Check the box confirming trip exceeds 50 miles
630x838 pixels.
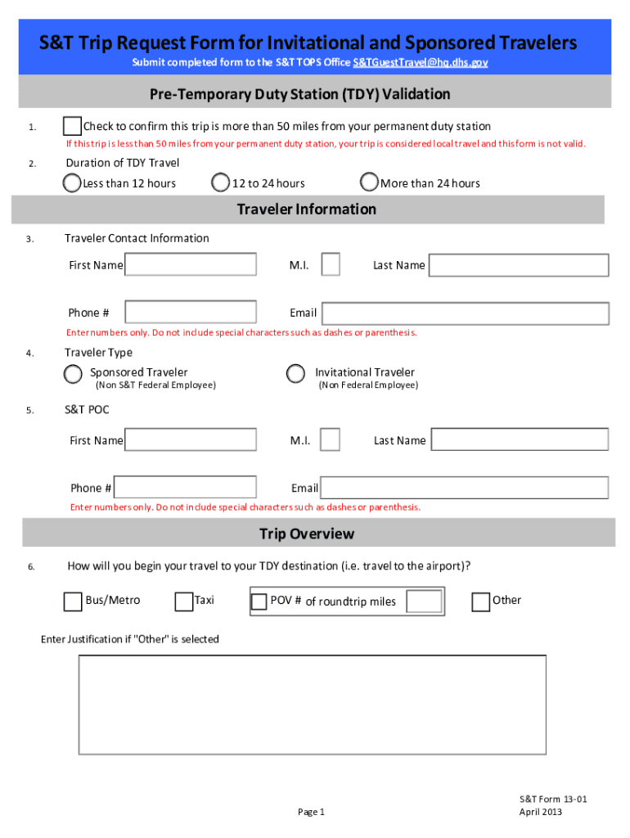[72, 126]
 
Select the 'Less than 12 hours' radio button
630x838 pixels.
[73, 182]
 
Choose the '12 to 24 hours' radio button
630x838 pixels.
[220, 182]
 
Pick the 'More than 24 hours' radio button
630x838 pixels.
[370, 182]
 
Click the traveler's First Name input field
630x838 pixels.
[191, 265]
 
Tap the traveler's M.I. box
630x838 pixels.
[331, 265]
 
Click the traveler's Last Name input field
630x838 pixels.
[519, 265]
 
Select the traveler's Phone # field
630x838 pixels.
[191, 313]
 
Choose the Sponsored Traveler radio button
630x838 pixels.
[74, 374]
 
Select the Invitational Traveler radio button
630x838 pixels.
[295, 374]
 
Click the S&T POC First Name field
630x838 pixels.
[191, 440]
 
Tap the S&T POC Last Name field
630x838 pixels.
[520, 440]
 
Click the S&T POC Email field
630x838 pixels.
[464, 489]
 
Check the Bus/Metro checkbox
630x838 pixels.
[73, 601]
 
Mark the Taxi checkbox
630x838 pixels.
[184, 601]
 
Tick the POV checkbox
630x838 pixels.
[259, 602]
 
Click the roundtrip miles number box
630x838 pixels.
[424, 601]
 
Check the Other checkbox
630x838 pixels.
[481, 601]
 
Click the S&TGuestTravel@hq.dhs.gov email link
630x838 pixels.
[421, 63]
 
